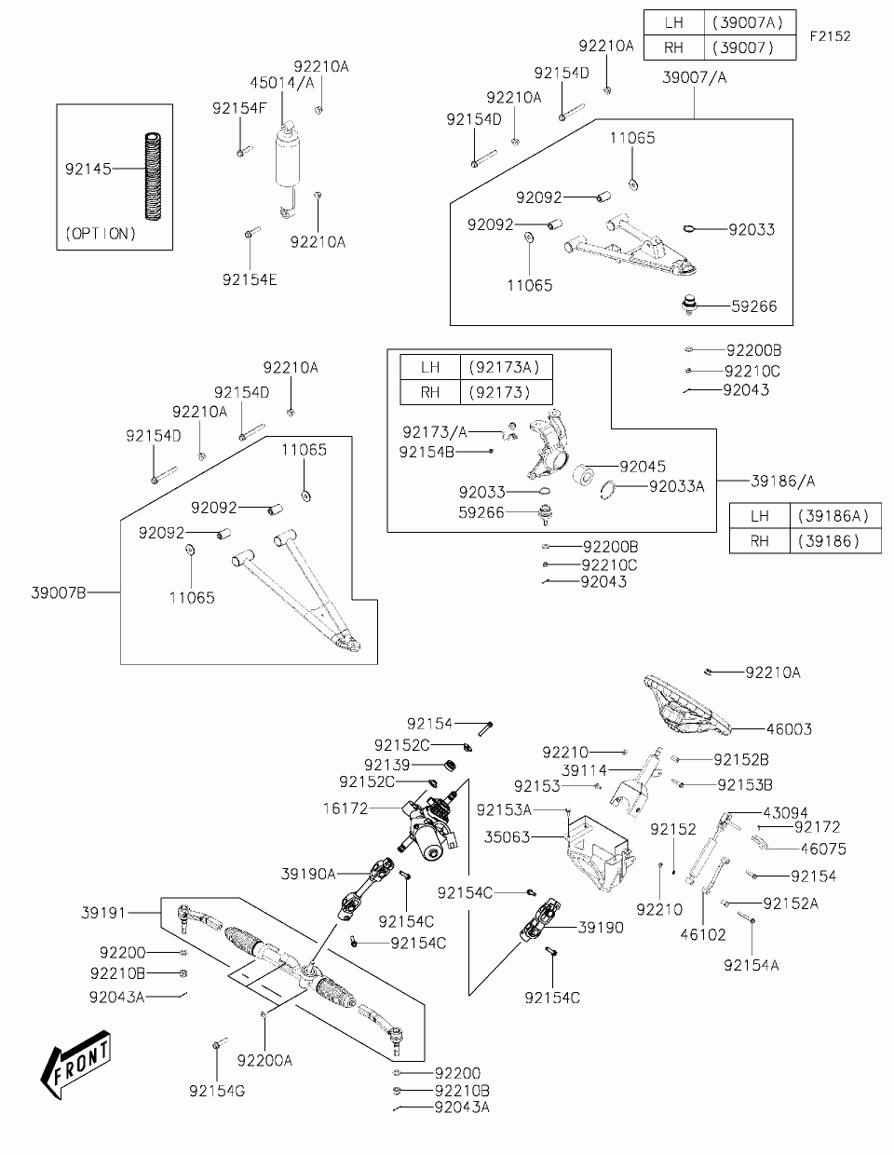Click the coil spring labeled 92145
tap(153, 176)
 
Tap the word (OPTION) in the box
tap(101, 234)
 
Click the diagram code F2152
tap(831, 36)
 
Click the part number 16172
tap(345, 808)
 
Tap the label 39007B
tap(59, 592)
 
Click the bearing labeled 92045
tap(583, 474)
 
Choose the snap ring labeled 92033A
tap(608, 490)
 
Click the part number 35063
tap(507, 837)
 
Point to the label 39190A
tap(308, 874)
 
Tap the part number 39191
tap(103, 913)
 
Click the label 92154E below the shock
tap(250, 279)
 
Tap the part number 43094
tap(785, 813)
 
